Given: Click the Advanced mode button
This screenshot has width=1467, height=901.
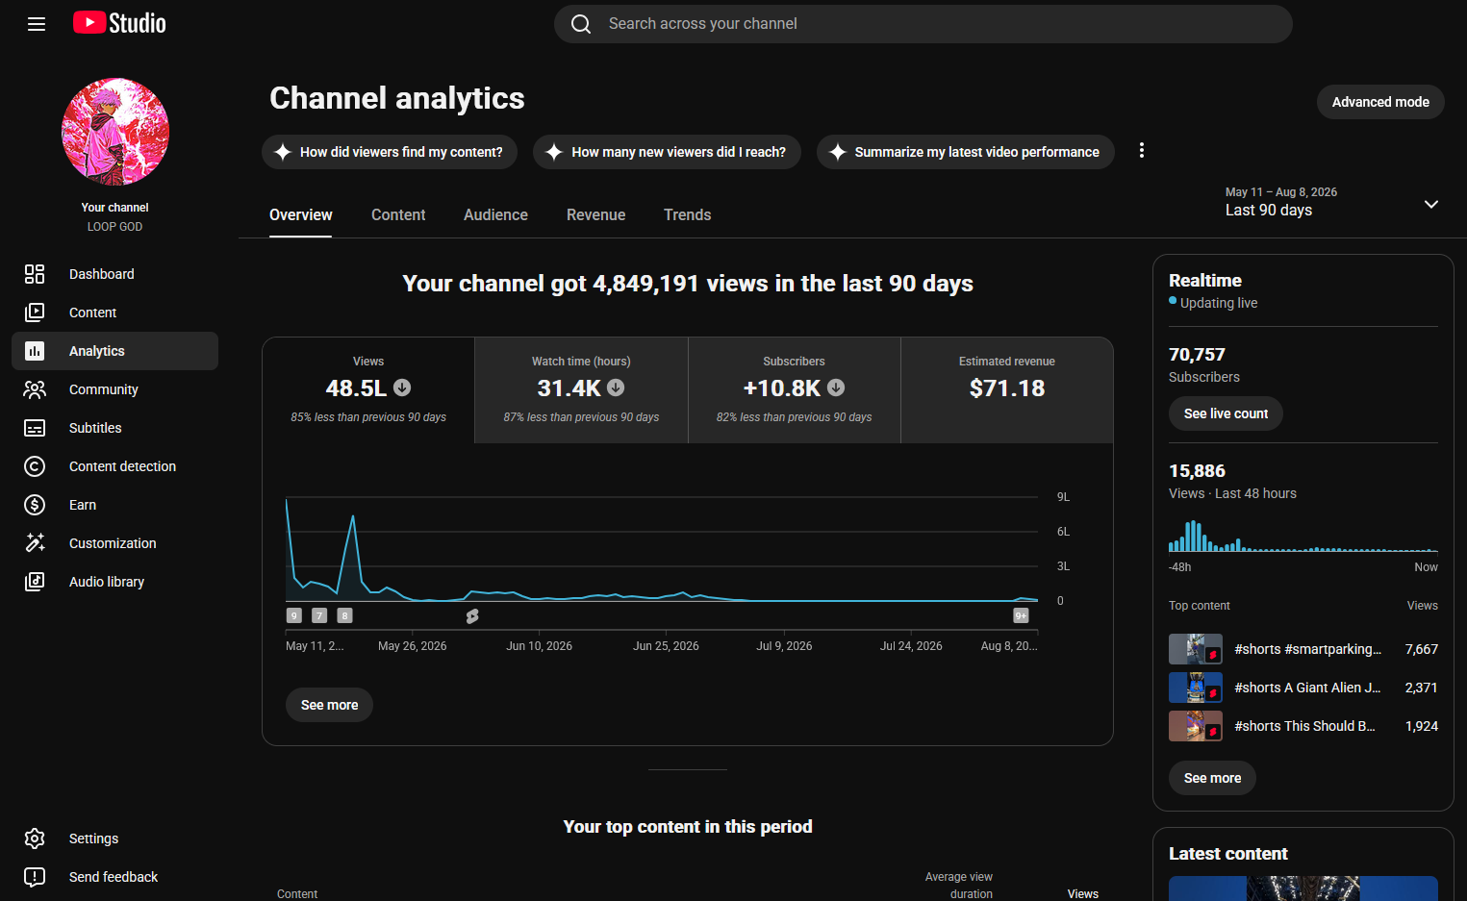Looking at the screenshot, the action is (1379, 102).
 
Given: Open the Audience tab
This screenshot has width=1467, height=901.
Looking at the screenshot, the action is (495, 214).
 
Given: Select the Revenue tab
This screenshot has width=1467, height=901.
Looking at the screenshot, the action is (595, 214).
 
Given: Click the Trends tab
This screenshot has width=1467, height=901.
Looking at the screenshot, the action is (687, 214).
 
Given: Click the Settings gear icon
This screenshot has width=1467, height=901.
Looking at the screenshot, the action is (35, 838).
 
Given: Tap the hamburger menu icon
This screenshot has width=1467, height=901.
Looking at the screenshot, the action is (37, 24).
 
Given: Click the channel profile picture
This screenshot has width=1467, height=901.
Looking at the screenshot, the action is (115, 132).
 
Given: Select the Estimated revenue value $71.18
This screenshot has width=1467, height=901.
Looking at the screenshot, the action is (1006, 388).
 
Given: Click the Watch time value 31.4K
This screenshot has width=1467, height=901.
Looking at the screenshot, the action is (569, 388).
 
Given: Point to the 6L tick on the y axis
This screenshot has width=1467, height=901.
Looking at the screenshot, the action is (1063, 532).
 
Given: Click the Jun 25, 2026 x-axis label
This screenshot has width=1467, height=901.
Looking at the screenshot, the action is (666, 646).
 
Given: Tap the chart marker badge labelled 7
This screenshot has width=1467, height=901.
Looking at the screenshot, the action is (319, 615).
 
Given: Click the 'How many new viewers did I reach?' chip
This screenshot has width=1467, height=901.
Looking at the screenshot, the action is (667, 152).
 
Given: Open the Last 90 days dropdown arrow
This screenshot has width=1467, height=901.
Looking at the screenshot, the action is (1431, 204).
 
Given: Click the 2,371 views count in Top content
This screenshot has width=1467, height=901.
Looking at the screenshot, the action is (1421, 688).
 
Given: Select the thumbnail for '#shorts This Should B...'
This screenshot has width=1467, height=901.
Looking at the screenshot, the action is (1195, 726).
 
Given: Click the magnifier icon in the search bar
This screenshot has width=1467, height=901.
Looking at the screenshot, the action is (581, 24).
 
